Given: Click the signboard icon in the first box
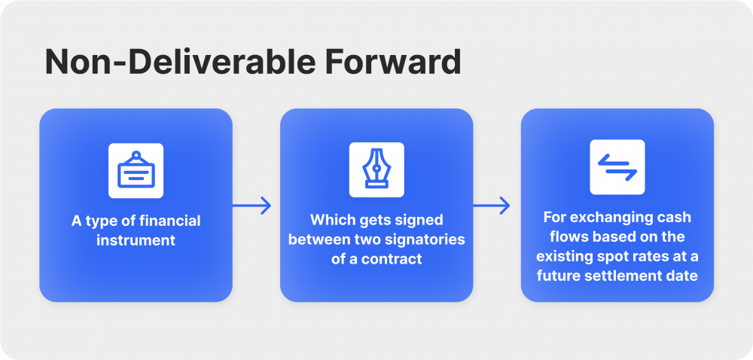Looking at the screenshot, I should point(136,170).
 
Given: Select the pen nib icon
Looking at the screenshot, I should point(376,170).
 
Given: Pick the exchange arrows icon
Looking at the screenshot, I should point(617,167).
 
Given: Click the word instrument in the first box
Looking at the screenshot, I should point(136,241).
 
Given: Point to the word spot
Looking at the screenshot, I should point(630,256).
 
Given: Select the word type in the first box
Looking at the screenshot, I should point(100,221).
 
